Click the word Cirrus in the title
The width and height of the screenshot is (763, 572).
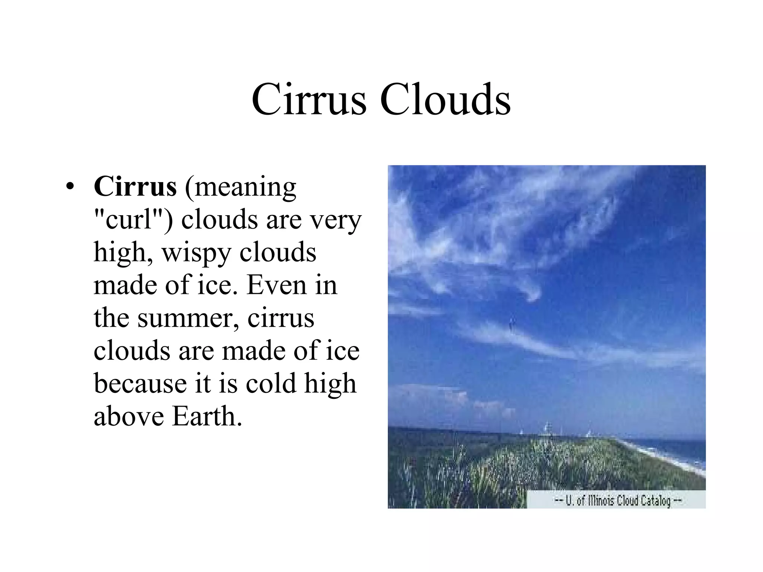click(308, 100)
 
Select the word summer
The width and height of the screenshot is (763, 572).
click(188, 319)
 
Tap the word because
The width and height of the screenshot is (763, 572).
click(140, 384)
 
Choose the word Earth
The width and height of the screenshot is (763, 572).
click(207, 416)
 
